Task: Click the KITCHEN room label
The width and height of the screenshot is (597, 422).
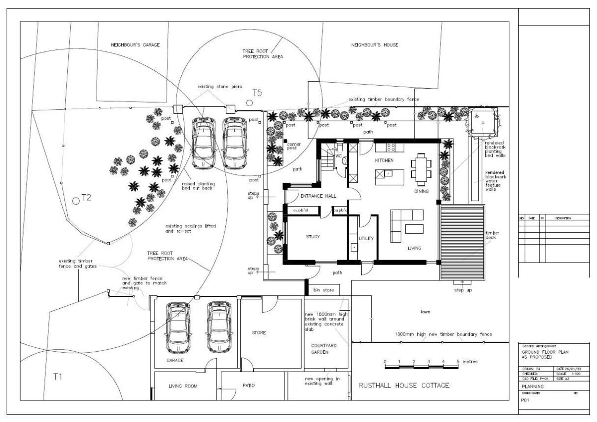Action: click(384, 160)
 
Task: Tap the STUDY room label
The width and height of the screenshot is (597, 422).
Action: click(312, 237)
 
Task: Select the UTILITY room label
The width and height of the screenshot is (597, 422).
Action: click(366, 239)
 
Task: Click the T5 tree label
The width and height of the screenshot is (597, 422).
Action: click(257, 93)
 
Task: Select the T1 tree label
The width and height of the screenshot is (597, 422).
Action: click(58, 377)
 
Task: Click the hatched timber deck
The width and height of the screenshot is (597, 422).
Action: click(462, 241)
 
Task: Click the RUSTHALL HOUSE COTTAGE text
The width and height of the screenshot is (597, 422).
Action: click(404, 385)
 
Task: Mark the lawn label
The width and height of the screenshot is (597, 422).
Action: click(425, 312)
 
